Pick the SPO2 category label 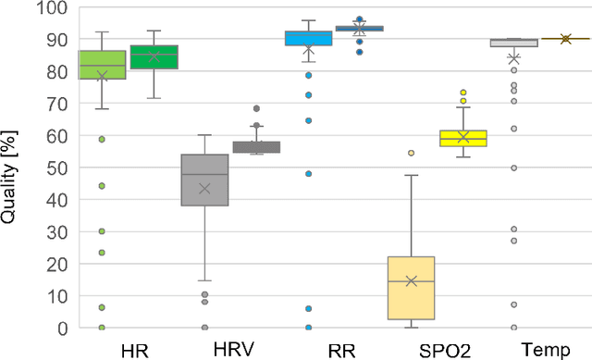(438, 350)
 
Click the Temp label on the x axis (539, 349)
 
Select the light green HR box (102, 65)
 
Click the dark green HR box (154, 57)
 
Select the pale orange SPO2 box (411, 288)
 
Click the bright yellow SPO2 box (463, 138)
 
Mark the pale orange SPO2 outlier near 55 (411, 153)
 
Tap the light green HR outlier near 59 (103, 140)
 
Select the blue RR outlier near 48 (308, 174)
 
